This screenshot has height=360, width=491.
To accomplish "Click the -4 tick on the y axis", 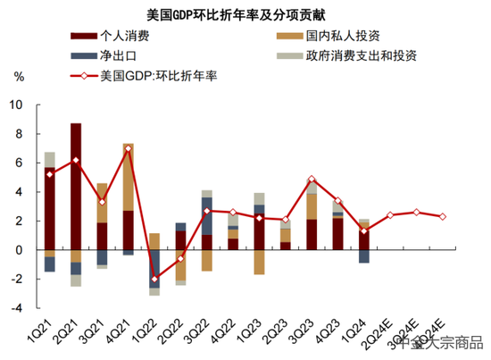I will (x=16, y=308).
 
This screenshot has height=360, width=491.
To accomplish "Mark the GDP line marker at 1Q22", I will (x=154, y=279).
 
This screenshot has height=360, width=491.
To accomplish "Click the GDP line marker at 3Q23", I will (x=312, y=180).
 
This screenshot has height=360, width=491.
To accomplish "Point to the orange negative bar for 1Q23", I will (x=259, y=262).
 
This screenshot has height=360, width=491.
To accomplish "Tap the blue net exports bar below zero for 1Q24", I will (x=364, y=256).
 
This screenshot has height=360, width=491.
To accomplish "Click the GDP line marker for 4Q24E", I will (x=444, y=216).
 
